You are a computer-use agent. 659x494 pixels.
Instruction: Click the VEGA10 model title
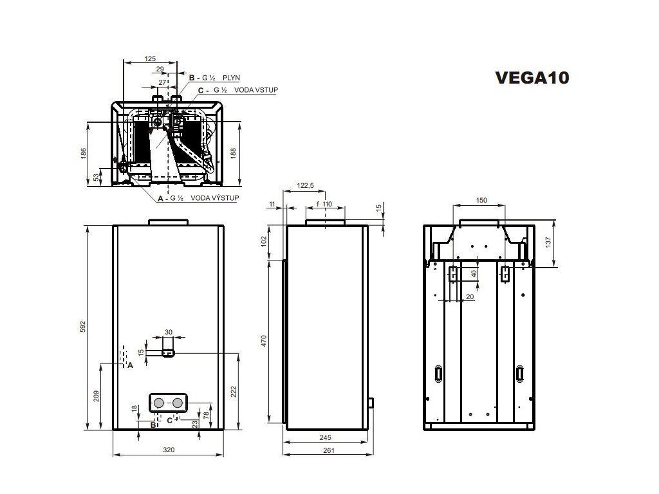click(532, 78)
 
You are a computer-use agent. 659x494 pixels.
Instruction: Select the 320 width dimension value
click(168, 450)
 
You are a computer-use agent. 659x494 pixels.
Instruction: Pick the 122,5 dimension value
click(305, 185)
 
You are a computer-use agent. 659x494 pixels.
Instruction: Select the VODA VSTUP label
click(255, 90)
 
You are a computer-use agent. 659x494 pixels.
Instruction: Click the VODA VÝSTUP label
click(215, 199)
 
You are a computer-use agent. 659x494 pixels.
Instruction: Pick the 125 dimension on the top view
click(150, 59)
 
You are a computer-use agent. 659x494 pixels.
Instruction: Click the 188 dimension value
click(233, 153)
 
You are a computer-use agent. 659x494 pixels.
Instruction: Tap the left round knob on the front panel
click(158, 403)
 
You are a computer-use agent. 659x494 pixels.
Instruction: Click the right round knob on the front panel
click(178, 403)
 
